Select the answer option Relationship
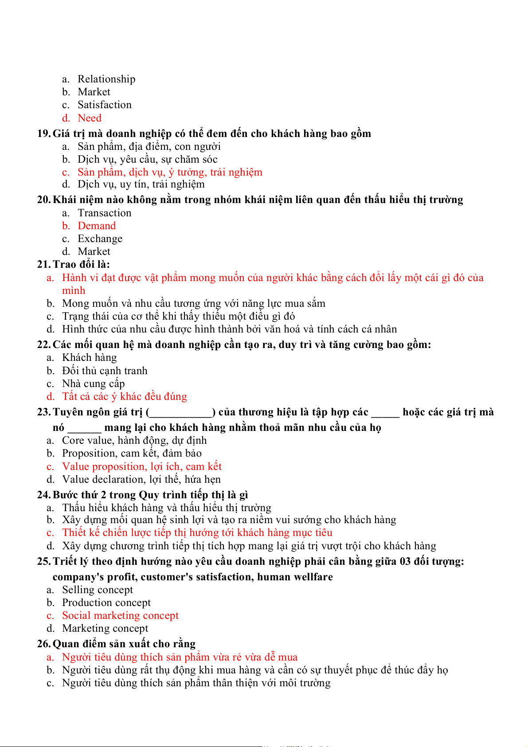(106, 79)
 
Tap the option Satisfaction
(105, 105)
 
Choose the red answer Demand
(96, 226)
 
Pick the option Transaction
(104, 213)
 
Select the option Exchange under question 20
(100, 239)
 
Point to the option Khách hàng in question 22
(89, 357)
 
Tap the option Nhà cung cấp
(93, 383)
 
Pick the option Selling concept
(97, 590)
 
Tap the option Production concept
(106, 602)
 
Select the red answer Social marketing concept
(120, 615)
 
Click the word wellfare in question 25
(312, 577)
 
